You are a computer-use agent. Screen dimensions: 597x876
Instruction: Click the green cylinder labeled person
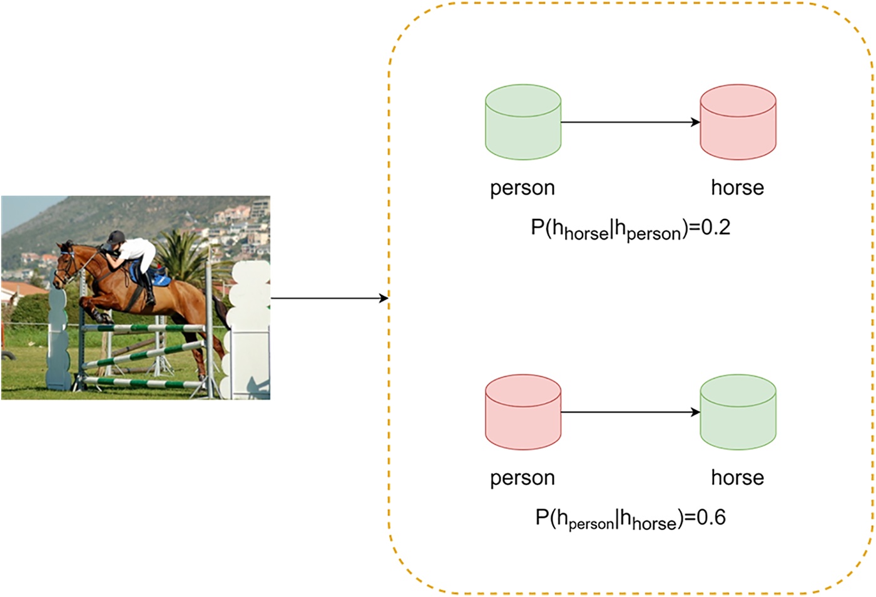(523, 122)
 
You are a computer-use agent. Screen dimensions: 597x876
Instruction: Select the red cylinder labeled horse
(738, 122)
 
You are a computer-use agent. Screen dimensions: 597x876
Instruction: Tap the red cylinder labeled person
(523, 412)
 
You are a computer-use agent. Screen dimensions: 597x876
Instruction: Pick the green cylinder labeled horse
(738, 412)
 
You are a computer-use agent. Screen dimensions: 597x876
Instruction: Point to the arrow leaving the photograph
(329, 298)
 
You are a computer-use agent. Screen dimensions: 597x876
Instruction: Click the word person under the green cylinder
(522, 188)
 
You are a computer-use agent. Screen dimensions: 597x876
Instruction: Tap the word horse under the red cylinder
(737, 188)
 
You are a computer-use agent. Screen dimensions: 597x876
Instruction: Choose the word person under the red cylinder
(522, 477)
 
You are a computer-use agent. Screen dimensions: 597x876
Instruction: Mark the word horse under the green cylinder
(737, 477)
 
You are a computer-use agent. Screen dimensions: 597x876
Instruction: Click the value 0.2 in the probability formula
(715, 227)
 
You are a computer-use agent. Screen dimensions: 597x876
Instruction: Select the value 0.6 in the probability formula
(711, 518)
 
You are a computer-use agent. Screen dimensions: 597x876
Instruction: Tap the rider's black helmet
(116, 237)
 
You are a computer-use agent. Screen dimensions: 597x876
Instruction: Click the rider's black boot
(150, 291)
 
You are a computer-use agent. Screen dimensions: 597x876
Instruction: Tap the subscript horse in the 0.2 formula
(586, 234)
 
